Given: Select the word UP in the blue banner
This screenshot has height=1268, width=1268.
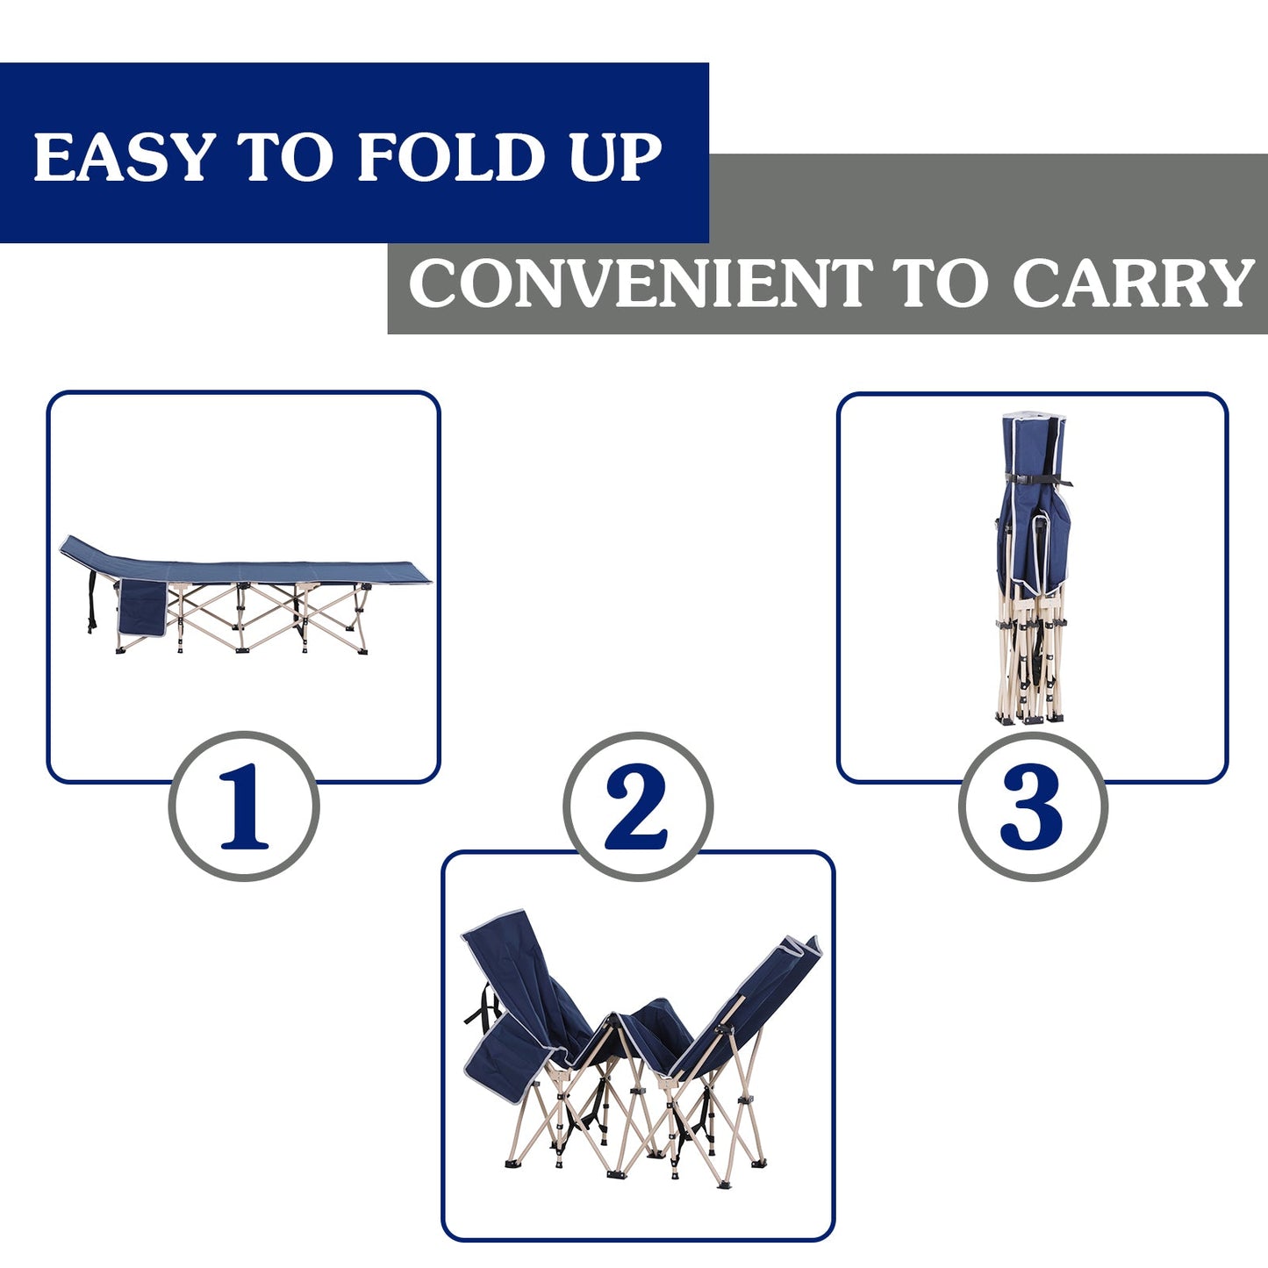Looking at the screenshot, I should pos(615,158).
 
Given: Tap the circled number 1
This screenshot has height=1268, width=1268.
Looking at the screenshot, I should pos(243,806).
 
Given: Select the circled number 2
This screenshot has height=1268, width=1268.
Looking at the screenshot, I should pos(637,806).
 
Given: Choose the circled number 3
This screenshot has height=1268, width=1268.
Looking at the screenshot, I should pos(1032,806).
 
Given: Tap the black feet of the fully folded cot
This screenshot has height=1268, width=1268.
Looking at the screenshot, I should pos(1030,718).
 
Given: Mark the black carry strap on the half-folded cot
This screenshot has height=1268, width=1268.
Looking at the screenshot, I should pos(482,1005).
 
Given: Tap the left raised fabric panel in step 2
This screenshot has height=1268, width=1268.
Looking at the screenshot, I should pos(518,974).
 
